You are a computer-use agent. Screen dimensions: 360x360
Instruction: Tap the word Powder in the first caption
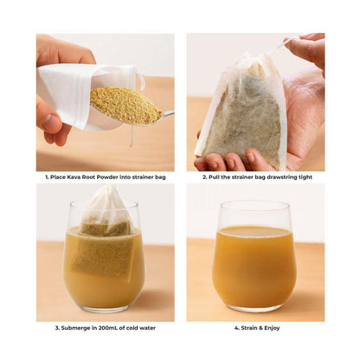click(106, 177)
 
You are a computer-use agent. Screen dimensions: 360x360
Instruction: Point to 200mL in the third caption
click(106, 328)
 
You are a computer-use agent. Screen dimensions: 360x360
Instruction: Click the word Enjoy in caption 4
click(272, 328)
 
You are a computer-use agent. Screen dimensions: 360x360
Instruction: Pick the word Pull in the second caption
click(214, 177)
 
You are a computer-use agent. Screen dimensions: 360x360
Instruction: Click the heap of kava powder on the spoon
click(126, 105)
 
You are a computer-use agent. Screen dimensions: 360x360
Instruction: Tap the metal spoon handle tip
click(172, 112)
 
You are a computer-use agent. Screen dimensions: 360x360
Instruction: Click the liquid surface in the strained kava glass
click(254, 231)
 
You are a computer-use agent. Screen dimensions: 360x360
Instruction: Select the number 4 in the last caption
click(236, 328)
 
